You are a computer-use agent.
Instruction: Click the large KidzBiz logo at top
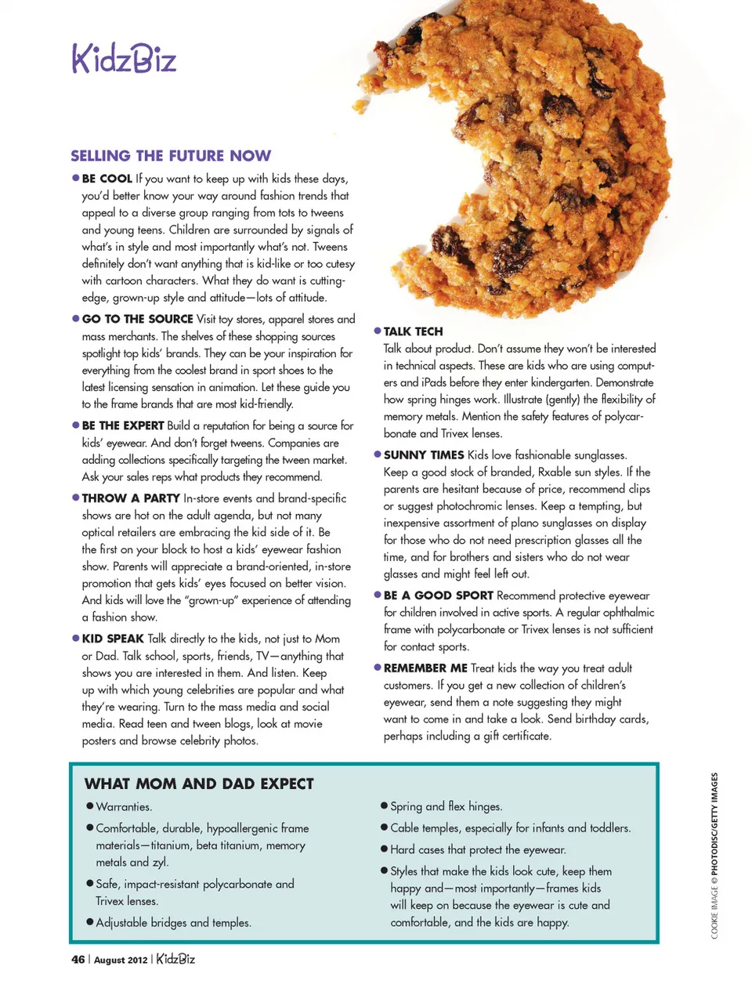(125, 59)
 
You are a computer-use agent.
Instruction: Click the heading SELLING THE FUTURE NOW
(171, 156)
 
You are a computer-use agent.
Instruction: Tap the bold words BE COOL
(107, 179)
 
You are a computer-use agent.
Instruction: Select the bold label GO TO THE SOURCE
(137, 319)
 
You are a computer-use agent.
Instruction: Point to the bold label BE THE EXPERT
(123, 425)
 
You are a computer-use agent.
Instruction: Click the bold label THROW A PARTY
(131, 498)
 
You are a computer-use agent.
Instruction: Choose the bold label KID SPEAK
(113, 639)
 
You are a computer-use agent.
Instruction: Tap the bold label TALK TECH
(413, 331)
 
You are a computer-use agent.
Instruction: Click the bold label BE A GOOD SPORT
(438, 595)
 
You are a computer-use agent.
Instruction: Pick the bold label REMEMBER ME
(425, 668)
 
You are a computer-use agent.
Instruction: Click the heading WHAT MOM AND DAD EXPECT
(199, 784)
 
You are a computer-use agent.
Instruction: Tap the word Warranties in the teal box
(124, 807)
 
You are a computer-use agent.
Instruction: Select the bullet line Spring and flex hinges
(446, 806)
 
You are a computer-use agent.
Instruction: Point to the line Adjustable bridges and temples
(173, 923)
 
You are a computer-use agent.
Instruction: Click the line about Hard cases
(478, 850)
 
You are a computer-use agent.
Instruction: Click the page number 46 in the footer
(78, 960)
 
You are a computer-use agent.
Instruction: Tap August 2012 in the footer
(120, 960)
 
